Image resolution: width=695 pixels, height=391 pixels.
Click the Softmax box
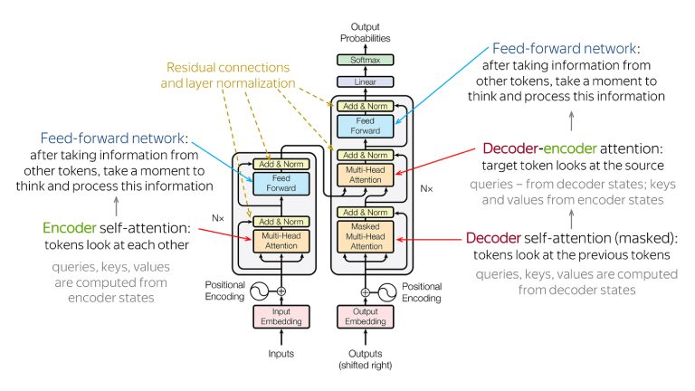pos(366,61)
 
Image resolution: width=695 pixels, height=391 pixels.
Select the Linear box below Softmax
pos(366,81)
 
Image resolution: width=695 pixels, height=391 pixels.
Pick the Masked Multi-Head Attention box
pos(366,237)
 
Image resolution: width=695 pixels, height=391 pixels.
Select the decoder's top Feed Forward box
pos(366,127)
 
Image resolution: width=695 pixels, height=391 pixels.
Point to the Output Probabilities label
pos(366,33)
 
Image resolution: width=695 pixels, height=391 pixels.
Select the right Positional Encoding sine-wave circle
pos(387,291)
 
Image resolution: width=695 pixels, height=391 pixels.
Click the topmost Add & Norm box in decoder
pos(366,106)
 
